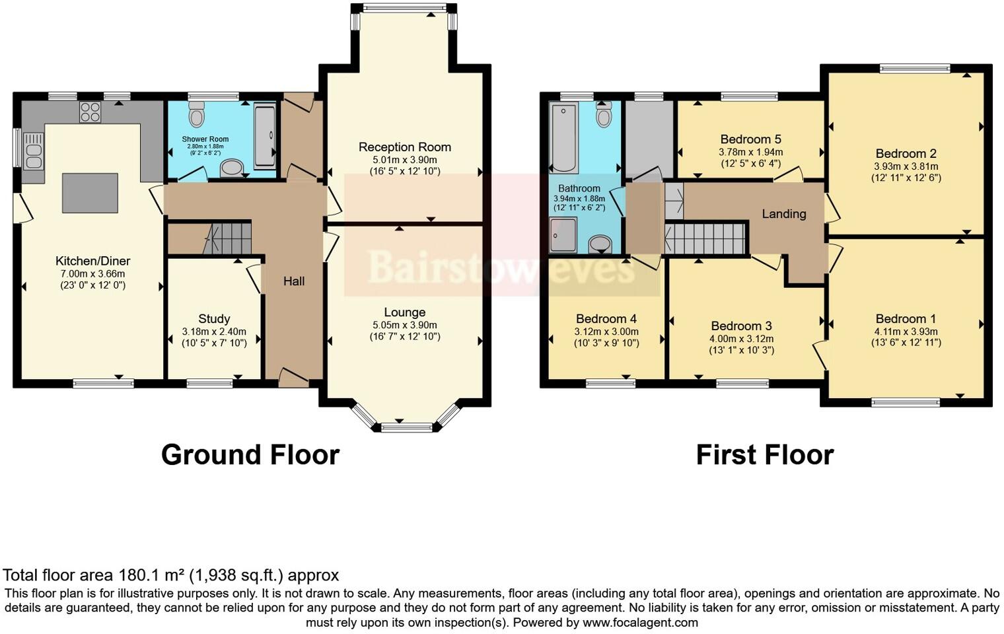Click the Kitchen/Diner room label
tap(92, 261)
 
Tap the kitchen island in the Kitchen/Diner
tap(90, 193)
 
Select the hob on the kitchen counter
tap(90, 113)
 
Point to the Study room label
tap(214, 319)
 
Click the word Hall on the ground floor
tap(294, 281)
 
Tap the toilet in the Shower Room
tap(196, 116)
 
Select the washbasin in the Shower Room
tap(231, 168)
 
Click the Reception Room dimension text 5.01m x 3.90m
tap(405, 160)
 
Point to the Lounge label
tap(405, 312)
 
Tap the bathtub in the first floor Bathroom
tap(563, 137)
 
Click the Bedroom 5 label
tap(750, 139)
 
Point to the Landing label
tap(784, 214)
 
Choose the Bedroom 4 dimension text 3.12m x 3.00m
tap(606, 332)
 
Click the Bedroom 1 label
tap(906, 319)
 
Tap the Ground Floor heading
tap(250, 455)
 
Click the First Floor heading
tap(764, 455)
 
